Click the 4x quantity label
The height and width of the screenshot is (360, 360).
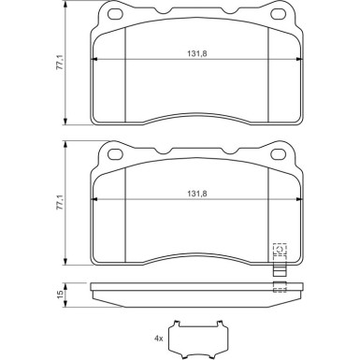click(159, 337)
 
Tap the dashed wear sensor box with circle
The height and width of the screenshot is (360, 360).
click(278, 251)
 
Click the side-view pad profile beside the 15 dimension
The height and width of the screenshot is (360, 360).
click(187, 294)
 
